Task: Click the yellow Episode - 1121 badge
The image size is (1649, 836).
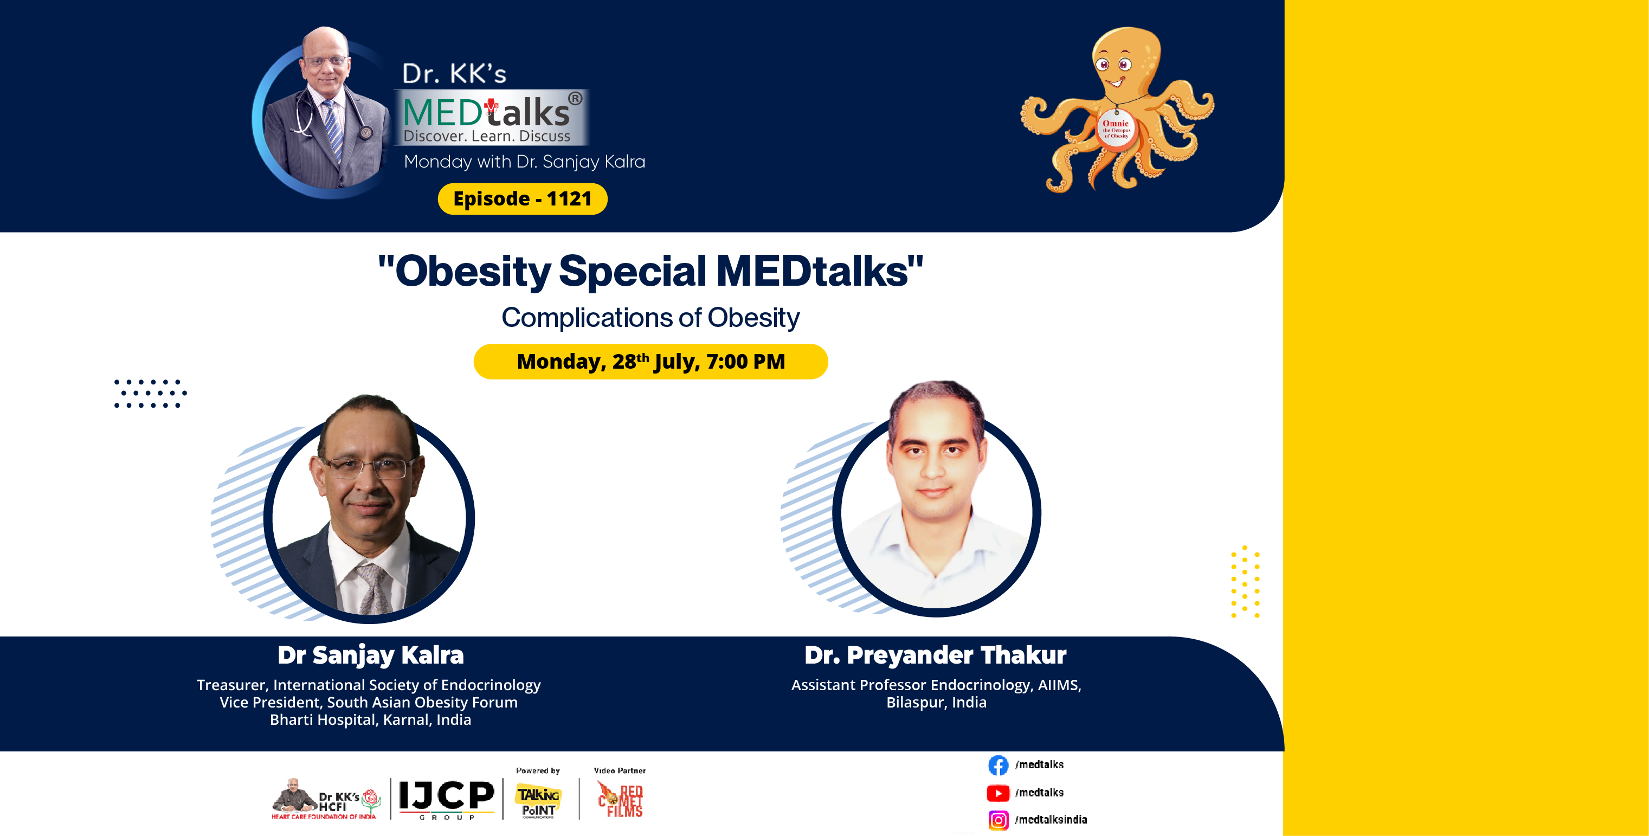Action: coord(523,198)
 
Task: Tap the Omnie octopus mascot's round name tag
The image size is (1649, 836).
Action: coord(1116,128)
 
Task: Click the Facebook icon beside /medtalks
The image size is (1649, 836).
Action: coord(998,765)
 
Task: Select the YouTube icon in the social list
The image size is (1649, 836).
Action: coord(998,793)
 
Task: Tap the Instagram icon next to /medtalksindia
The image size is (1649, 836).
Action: coord(998,820)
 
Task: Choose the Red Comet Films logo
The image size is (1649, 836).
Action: coord(620,800)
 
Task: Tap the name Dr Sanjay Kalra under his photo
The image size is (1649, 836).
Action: coord(371,655)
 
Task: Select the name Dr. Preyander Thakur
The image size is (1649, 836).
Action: coord(935,655)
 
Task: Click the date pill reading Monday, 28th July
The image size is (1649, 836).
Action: coord(650,362)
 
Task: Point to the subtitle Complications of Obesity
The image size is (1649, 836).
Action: coord(650,318)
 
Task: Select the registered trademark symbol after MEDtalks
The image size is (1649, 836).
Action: coord(575,99)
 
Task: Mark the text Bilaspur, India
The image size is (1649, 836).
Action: coord(936,702)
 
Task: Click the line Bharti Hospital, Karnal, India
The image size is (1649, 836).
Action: coord(370,719)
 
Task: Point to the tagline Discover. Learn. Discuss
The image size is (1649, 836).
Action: coord(486,136)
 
